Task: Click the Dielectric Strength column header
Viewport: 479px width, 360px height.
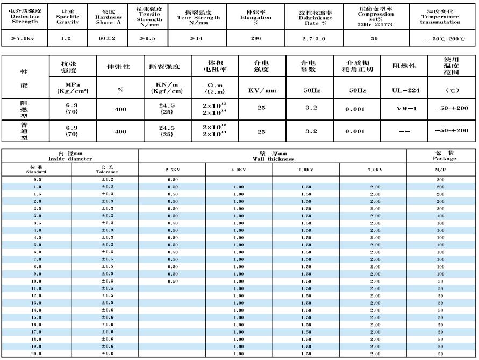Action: click(25, 16)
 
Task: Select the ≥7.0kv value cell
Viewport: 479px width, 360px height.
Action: click(25, 39)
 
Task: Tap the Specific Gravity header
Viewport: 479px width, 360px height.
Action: click(67, 16)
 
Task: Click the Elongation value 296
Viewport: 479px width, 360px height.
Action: click(256, 39)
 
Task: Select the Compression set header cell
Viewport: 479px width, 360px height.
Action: click(375, 16)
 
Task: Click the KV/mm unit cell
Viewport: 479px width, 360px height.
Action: click(261, 91)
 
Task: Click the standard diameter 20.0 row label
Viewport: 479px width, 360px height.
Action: click(37, 354)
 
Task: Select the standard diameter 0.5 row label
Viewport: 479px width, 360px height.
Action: click(37, 180)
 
